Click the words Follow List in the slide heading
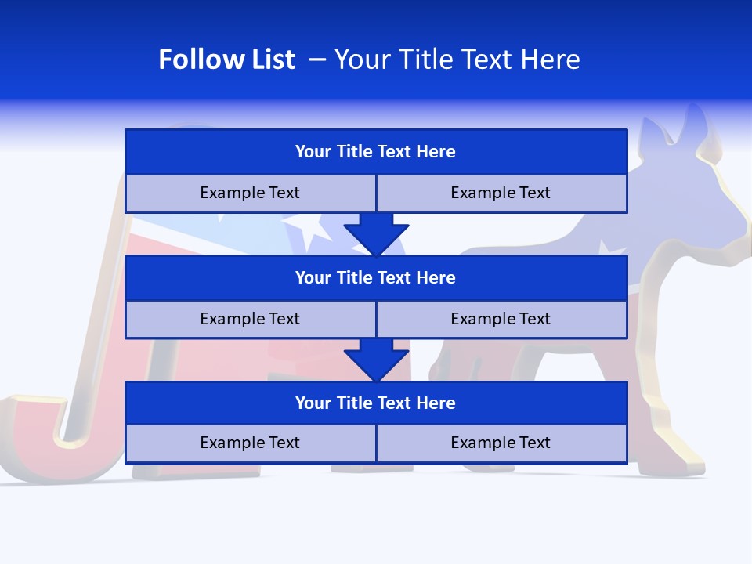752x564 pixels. [x=226, y=60]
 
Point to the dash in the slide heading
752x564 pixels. [x=317, y=60]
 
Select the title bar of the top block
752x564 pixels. [x=376, y=152]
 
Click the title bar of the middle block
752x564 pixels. [x=376, y=278]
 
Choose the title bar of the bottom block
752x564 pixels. [x=376, y=403]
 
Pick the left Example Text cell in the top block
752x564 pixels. [x=250, y=193]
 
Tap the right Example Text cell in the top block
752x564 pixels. [x=501, y=193]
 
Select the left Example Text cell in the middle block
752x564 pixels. [x=250, y=320]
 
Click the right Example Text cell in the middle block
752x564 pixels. [x=501, y=320]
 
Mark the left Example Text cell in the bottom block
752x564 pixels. [x=250, y=443]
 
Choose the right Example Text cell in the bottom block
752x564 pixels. [x=501, y=443]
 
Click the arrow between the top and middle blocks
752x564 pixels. [x=376, y=233]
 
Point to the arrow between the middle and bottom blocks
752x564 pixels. [x=376, y=358]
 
